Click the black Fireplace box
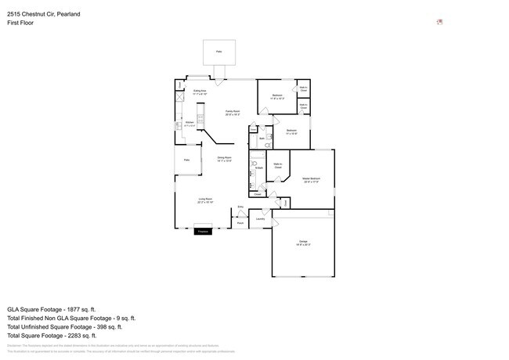[x=202, y=232]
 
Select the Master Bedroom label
[x=312, y=180]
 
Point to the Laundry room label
[x=260, y=219]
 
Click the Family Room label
[x=233, y=113]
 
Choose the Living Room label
[x=205, y=200]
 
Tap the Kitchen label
[x=189, y=124]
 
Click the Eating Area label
[x=200, y=92]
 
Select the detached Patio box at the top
[x=218, y=52]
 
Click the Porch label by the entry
[x=240, y=223]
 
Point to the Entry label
[x=240, y=207]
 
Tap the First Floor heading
[x=20, y=23]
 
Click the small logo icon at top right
[x=439, y=22]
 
